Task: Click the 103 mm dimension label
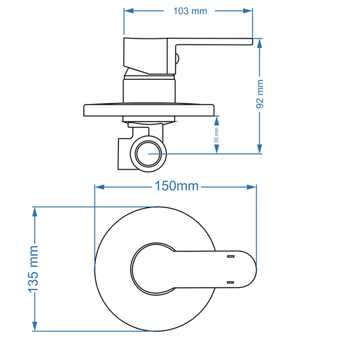pos(189,11)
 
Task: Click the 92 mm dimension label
pos(261,95)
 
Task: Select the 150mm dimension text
pos(176,186)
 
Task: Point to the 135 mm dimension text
pos(33,269)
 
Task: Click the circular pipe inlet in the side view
pos(148,154)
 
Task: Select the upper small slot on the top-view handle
pos(230,257)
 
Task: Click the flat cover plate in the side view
pos(149,110)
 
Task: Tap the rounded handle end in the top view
pos(251,269)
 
